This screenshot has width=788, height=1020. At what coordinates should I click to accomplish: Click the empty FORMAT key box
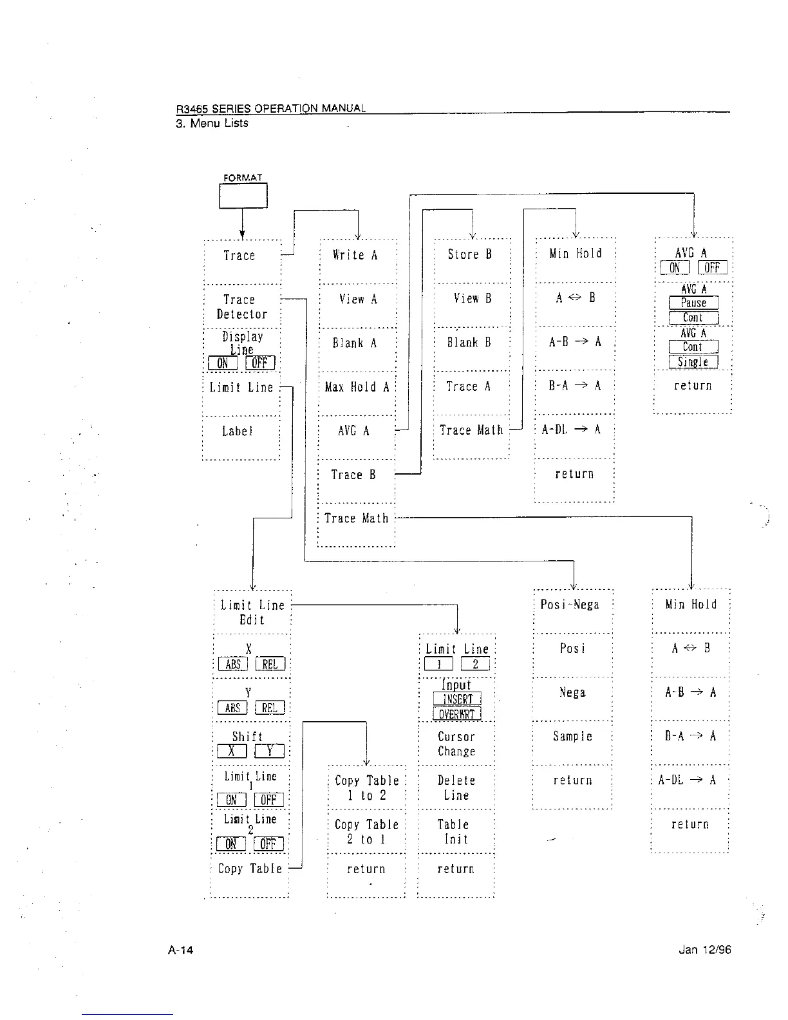coord(243,196)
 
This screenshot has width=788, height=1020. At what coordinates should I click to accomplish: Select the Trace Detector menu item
coord(241,307)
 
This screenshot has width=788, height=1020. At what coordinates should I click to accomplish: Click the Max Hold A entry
coord(357,387)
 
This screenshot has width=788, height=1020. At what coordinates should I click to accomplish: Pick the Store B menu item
coord(470,254)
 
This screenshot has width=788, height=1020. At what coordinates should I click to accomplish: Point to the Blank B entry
coord(469,343)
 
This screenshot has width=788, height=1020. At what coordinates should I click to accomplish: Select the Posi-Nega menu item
coord(570,605)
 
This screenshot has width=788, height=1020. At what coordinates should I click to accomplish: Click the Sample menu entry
coord(572,736)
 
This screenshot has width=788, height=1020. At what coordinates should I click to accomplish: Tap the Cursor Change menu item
coord(456,744)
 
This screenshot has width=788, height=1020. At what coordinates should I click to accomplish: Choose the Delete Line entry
coord(456,788)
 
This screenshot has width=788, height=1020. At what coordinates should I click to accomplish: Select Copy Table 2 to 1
coord(366,831)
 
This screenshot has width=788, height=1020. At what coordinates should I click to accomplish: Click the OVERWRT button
coord(456,713)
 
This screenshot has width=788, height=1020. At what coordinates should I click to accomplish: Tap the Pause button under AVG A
coord(693,303)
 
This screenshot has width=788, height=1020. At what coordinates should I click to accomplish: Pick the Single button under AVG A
coord(693,362)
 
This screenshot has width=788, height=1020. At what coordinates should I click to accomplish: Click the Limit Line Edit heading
coord(252,612)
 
